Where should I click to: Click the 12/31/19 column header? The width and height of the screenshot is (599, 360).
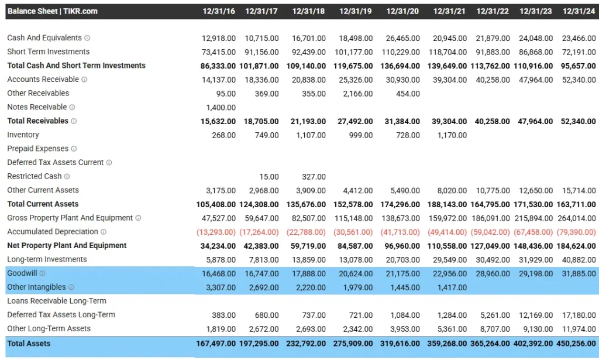[x=356, y=11]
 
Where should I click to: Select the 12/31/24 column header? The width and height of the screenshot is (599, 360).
[x=579, y=11]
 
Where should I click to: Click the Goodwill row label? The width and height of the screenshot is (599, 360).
[x=22, y=273]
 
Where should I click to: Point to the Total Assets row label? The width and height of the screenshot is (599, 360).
[x=29, y=344]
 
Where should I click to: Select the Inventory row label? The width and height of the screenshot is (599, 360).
[x=23, y=135]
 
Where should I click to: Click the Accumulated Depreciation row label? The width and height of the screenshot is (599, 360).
[x=53, y=232]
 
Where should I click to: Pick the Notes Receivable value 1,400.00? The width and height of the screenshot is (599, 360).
[x=221, y=107]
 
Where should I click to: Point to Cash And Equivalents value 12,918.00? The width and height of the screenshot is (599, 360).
[x=219, y=38]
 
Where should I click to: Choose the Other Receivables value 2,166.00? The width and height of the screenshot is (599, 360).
[x=358, y=93]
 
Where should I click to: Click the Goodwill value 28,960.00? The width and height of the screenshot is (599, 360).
[x=493, y=273]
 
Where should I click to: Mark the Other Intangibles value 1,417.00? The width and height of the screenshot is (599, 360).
[x=452, y=287]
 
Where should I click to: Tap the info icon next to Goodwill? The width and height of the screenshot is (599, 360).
[x=42, y=273]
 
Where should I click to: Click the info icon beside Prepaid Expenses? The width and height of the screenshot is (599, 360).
[x=74, y=149]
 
